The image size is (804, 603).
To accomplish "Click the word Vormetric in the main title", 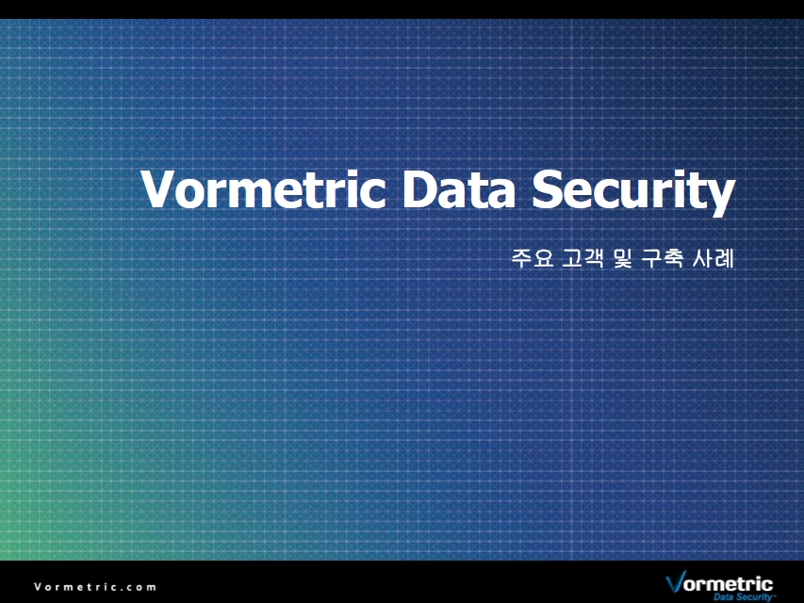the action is [x=263, y=188].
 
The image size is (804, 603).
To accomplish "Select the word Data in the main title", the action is [x=458, y=188].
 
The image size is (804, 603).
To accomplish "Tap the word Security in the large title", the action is [x=633, y=192].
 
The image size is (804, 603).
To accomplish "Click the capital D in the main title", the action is [x=419, y=188].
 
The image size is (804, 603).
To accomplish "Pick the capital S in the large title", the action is [x=546, y=188].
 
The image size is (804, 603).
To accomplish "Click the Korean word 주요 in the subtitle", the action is [x=533, y=258].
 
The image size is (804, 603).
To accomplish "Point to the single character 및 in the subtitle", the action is [x=622, y=258].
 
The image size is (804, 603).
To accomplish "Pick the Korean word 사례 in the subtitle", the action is [x=713, y=258].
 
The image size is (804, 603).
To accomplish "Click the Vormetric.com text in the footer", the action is [x=95, y=587].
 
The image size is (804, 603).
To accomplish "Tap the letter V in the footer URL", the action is [x=38, y=587].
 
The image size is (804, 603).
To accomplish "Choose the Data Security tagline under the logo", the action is [x=743, y=596].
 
